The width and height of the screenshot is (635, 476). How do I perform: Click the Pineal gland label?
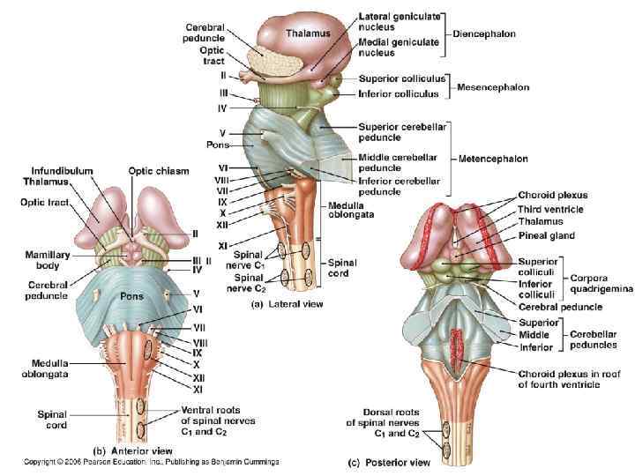pyautogui.click(x=548, y=235)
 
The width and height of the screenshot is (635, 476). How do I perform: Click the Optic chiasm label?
pyautogui.click(x=159, y=170)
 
